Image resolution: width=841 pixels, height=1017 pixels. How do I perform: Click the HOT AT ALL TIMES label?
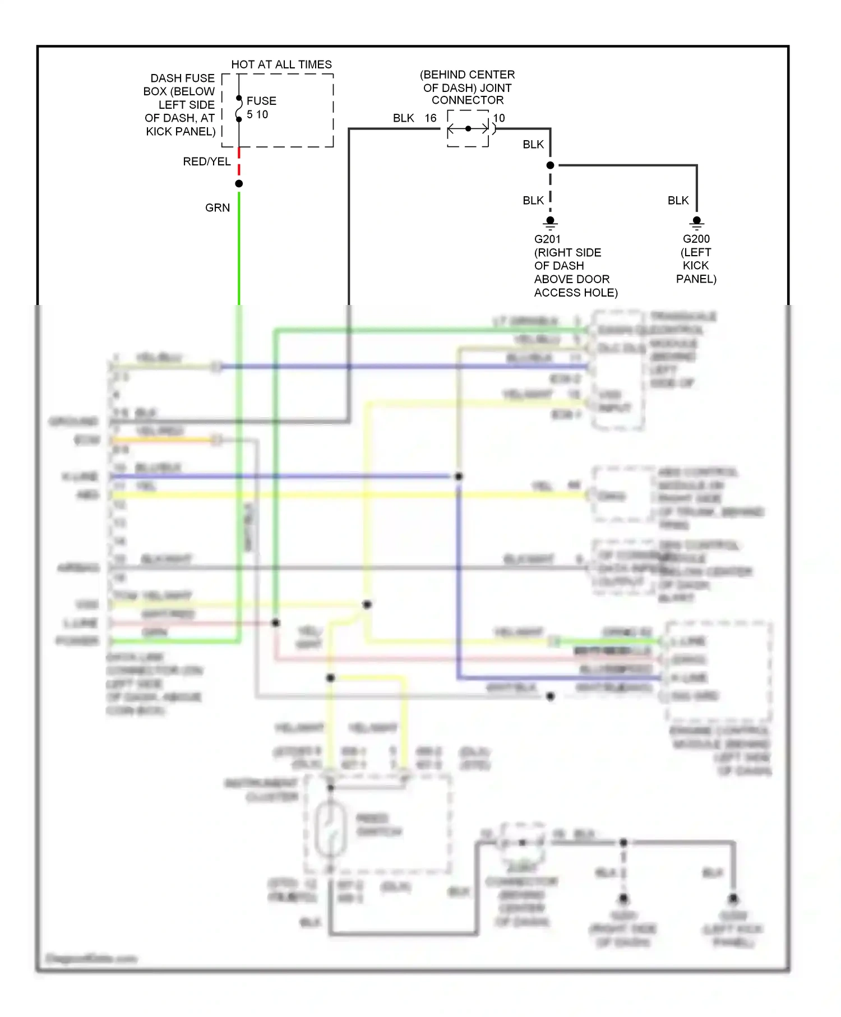(x=281, y=64)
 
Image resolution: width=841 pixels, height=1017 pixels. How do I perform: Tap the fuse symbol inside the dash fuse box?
(x=239, y=108)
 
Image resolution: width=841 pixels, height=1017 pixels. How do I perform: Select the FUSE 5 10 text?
(x=261, y=108)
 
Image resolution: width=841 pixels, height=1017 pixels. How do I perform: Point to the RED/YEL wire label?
(x=206, y=161)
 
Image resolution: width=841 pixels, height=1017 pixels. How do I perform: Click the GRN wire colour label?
(x=218, y=207)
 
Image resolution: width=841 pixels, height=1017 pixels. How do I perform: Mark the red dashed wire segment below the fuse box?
(x=239, y=163)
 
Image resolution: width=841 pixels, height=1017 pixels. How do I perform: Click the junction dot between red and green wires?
(x=239, y=183)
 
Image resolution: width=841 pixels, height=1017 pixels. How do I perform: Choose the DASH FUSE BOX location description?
(x=180, y=105)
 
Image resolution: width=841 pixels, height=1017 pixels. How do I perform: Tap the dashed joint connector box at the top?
(x=468, y=129)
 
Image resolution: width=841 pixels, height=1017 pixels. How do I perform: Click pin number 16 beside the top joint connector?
(x=431, y=118)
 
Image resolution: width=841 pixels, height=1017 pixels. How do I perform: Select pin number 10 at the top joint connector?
(x=499, y=118)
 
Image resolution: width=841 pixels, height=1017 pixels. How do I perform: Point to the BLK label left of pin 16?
(x=403, y=118)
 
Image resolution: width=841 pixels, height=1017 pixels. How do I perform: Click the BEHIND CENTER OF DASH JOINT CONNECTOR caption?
(x=468, y=87)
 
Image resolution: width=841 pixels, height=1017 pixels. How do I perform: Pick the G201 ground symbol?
(x=550, y=222)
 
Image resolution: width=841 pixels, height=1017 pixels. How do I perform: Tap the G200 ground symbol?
(x=696, y=223)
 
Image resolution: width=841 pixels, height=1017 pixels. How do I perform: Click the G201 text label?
(x=547, y=239)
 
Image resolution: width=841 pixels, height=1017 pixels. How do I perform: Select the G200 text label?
(x=696, y=239)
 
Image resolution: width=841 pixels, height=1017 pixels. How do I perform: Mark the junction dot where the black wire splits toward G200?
(x=550, y=165)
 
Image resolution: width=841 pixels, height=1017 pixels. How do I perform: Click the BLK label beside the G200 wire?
(x=678, y=200)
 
